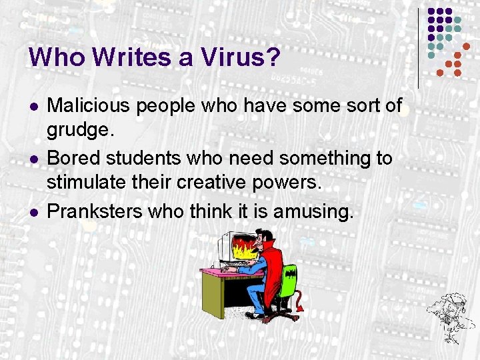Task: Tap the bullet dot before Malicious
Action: pos(33,106)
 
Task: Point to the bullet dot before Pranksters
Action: pos(33,213)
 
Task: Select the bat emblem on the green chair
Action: pos(291,273)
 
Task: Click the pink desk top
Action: pos(220,272)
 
